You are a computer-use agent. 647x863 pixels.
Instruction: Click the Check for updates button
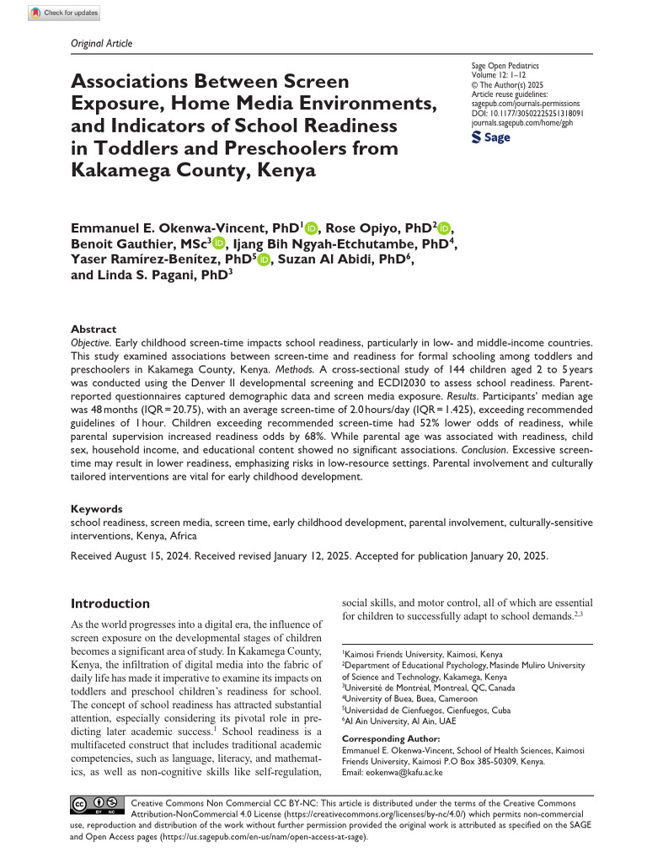tap(64, 13)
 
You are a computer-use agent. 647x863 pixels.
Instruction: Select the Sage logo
tap(490, 137)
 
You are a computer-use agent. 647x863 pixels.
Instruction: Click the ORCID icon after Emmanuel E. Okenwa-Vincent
tap(311, 227)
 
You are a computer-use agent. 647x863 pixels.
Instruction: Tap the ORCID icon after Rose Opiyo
tap(444, 227)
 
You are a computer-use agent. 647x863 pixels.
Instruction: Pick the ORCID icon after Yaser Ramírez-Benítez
tap(264, 260)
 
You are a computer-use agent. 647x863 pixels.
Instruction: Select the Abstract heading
tap(94, 330)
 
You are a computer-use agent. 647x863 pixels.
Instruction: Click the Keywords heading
tap(97, 509)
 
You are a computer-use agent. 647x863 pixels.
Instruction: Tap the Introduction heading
tap(110, 603)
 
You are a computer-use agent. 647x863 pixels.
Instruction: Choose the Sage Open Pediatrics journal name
tap(505, 65)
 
